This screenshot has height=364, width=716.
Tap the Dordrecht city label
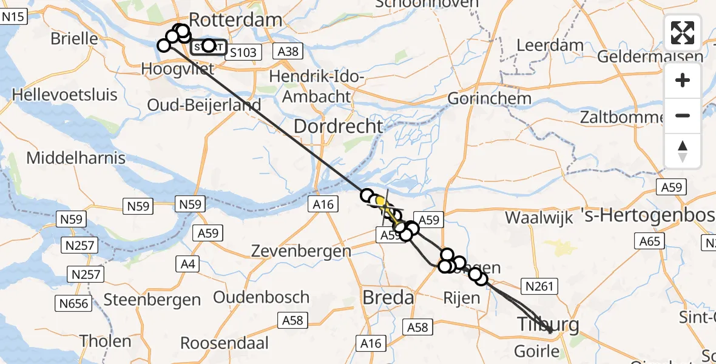pos(339,127)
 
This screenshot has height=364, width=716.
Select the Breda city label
pos(388,298)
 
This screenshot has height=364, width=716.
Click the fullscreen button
pos(683,33)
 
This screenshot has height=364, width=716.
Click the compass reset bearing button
pos(683,151)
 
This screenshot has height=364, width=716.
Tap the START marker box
pos(209,46)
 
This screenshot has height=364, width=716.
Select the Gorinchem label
pos(489,98)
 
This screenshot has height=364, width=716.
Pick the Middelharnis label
pos(76,158)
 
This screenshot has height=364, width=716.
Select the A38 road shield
pos(288,52)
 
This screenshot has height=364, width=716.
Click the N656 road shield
pos(73,303)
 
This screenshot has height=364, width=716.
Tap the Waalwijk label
pos(539,218)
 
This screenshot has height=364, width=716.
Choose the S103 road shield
pos(243,52)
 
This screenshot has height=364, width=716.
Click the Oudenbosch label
pos(262,298)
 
